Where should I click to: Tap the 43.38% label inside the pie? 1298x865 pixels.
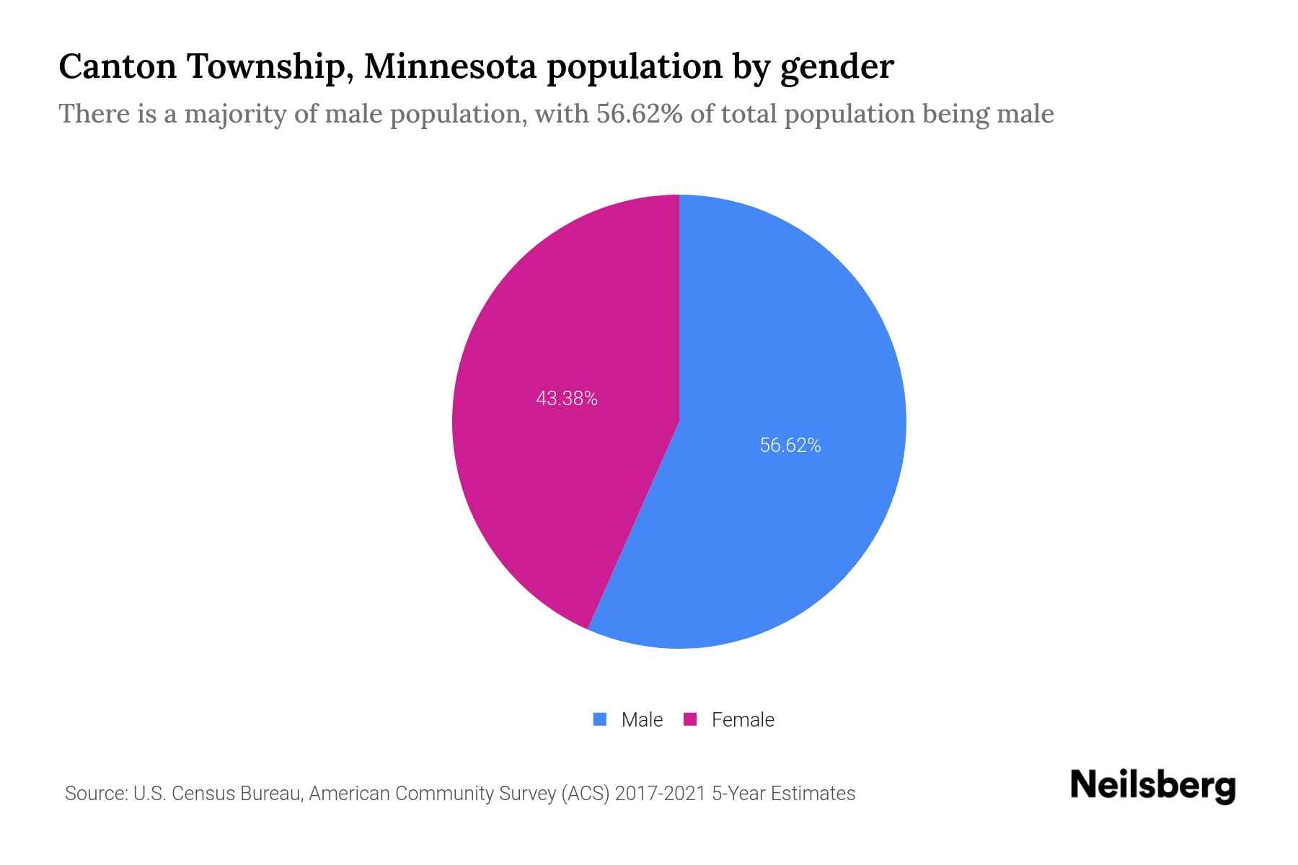click(567, 399)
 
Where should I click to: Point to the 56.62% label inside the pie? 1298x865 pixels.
click(790, 445)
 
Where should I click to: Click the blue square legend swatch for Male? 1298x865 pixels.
click(599, 719)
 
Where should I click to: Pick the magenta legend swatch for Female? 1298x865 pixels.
click(690, 719)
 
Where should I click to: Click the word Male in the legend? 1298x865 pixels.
click(642, 719)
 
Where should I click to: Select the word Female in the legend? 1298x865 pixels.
click(743, 719)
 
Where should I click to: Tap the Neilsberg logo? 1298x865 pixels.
click(1152, 786)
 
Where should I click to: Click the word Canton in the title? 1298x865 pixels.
click(118, 66)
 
